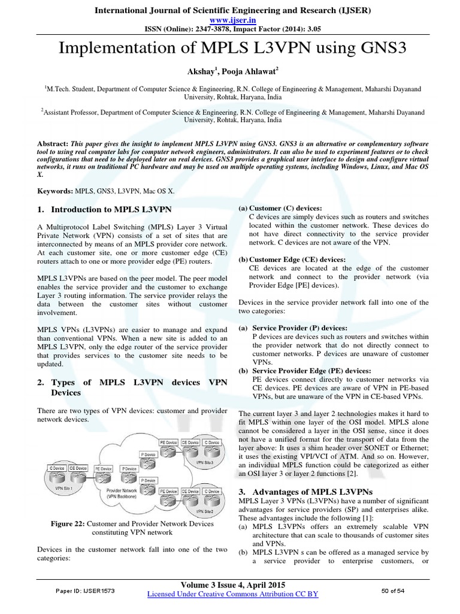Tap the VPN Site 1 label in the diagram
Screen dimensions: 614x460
click(x=57, y=488)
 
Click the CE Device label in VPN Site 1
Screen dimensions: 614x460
click(x=77, y=468)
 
